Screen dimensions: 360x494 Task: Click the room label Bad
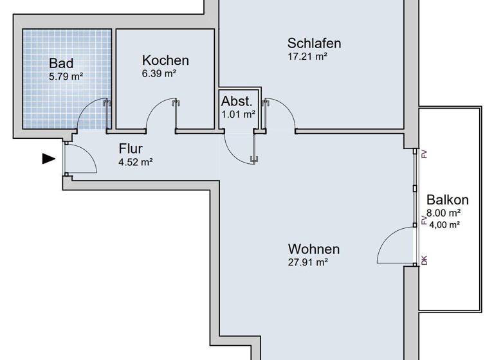click(x=61, y=64)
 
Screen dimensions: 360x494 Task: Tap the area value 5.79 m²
click(x=66, y=76)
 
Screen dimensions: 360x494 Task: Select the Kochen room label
click(x=165, y=60)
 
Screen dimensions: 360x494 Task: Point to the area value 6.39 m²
click(x=159, y=73)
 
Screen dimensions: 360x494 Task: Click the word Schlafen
click(x=314, y=44)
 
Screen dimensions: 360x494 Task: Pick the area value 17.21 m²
click(x=307, y=57)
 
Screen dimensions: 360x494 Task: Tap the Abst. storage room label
click(x=237, y=102)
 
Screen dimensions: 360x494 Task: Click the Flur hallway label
click(x=130, y=149)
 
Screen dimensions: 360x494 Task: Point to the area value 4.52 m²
click(x=135, y=162)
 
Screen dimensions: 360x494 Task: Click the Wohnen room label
click(x=313, y=249)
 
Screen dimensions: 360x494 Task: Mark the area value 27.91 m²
click(x=308, y=262)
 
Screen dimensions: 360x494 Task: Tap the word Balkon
click(x=447, y=200)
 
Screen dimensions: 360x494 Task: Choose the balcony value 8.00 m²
click(x=444, y=213)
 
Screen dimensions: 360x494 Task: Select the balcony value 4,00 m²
click(x=444, y=224)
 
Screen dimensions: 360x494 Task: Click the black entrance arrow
click(x=48, y=158)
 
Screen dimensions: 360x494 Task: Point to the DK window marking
click(x=424, y=260)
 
